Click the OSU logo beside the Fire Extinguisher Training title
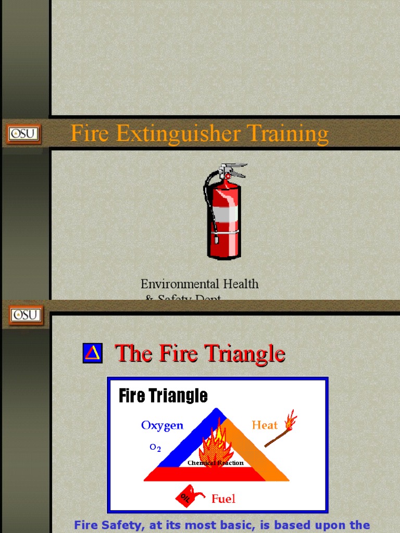pos(23,134)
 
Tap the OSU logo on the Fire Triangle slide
pos(26,314)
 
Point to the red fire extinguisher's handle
pos(234,168)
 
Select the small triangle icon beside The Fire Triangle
pos(92,353)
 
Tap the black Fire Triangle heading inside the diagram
pos(163,396)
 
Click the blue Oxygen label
pos(162,425)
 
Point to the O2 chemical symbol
pos(155,448)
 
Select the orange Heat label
pos(265,425)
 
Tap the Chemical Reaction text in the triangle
pos(215,463)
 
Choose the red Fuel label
pos(223,499)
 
